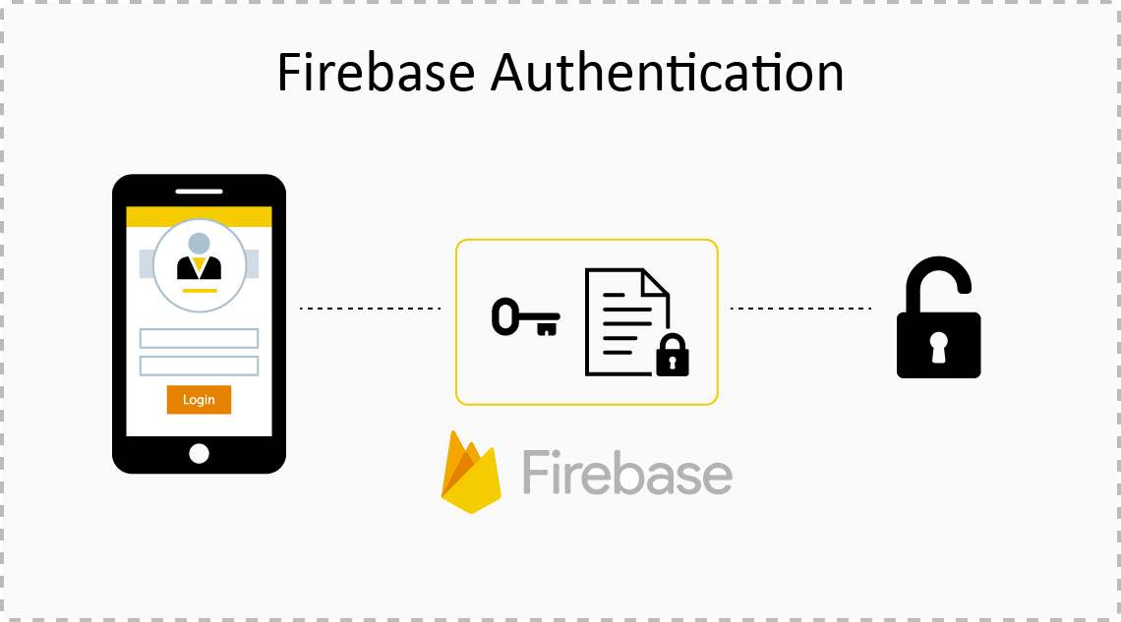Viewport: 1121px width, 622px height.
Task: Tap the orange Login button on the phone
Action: [199, 400]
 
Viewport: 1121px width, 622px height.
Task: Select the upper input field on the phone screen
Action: [199, 339]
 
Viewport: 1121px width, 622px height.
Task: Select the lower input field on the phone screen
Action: [199, 366]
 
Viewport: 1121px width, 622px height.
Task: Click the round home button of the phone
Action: [199, 453]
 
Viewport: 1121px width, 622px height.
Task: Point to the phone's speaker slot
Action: [199, 192]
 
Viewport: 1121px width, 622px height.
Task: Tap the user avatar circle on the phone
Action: [199, 262]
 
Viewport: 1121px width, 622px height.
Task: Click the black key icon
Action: [524, 317]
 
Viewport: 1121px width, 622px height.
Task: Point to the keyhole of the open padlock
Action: [938, 346]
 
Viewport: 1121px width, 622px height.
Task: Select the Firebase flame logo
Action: [471, 474]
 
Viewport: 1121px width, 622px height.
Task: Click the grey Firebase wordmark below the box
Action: [627, 473]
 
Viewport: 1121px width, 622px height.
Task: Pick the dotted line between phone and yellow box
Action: [370, 309]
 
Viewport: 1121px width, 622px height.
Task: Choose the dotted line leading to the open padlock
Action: [799, 309]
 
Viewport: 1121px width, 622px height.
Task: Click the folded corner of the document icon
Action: [657, 282]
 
